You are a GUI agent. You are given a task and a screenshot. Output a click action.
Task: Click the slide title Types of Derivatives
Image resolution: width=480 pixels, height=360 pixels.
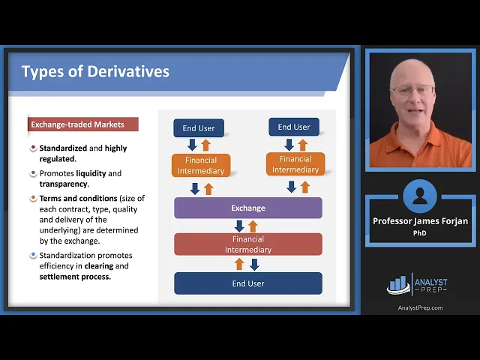tap(95, 72)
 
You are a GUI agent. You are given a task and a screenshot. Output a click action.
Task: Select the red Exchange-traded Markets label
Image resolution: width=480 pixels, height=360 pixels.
tap(83, 124)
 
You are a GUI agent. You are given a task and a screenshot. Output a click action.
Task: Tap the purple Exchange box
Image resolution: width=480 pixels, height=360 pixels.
tap(248, 208)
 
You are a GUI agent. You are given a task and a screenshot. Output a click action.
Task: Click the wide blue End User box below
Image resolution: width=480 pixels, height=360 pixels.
tap(248, 283)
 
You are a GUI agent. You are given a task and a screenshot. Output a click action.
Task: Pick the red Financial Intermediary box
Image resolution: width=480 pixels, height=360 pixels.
tap(248, 244)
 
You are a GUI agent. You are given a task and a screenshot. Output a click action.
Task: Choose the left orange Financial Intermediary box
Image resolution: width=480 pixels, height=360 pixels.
tap(201, 165)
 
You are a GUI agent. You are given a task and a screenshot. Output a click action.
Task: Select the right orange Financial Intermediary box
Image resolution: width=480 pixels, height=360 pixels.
tap(295, 164)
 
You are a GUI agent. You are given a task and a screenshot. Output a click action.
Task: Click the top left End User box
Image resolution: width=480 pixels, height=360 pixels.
tap(199, 128)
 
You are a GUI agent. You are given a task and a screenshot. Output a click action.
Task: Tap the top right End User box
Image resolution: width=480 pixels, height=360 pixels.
tap(294, 127)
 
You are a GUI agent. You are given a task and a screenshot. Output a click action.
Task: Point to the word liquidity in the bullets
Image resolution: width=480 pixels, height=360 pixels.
tap(91, 173)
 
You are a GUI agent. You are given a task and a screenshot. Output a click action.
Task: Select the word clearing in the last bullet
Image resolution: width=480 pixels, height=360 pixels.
tap(99, 265)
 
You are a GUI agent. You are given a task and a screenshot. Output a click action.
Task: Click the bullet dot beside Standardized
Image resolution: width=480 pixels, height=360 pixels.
tap(33, 148)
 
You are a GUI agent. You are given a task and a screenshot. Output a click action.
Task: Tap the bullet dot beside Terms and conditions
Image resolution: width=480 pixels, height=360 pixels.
tap(33, 198)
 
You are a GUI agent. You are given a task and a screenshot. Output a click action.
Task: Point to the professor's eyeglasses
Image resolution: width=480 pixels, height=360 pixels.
tap(412, 90)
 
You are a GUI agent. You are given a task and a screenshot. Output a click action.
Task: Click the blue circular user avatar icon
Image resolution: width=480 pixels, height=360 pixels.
tap(420, 196)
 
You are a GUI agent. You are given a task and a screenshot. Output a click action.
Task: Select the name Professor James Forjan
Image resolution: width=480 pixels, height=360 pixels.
tap(420, 221)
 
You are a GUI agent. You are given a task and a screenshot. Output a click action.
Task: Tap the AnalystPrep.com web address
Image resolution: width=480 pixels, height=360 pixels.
tap(420, 307)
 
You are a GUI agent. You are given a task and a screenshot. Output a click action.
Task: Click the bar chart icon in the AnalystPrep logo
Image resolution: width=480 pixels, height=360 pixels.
tap(398, 285)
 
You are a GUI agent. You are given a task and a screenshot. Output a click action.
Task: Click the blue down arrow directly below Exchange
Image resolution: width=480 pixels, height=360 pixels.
tap(239, 226)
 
